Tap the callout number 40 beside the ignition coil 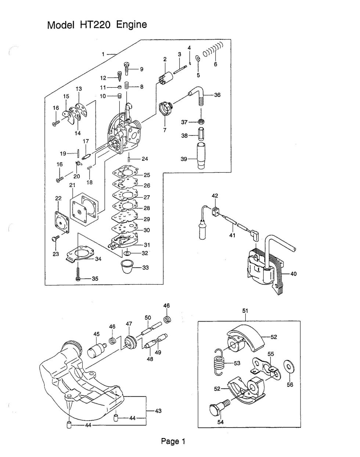click(293, 273)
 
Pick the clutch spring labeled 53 click(220, 362)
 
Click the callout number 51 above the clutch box click(245, 311)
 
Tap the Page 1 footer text click(173, 442)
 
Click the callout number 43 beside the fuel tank click(158, 411)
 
